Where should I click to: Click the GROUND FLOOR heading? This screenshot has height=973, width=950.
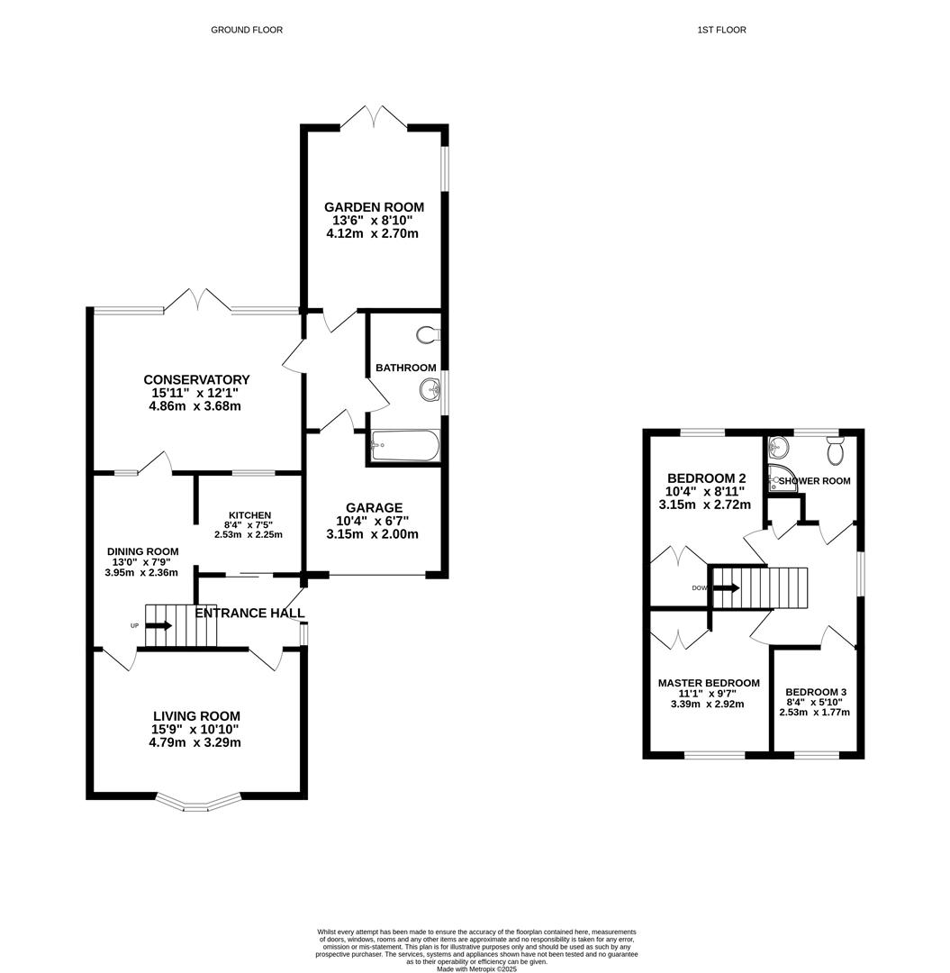[247, 30]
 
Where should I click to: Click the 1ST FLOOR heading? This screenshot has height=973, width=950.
[721, 30]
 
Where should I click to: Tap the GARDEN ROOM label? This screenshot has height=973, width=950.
[374, 207]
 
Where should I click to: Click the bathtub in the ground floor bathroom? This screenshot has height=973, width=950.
[404, 445]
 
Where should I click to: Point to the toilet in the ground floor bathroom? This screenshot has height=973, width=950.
[429, 335]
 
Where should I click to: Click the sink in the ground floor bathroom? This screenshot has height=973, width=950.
[430, 390]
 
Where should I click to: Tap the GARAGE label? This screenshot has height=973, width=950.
[372, 507]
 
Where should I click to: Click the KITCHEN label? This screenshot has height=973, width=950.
[249, 515]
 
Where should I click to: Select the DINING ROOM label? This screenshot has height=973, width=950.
[142, 551]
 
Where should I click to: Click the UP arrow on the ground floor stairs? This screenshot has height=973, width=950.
[159, 624]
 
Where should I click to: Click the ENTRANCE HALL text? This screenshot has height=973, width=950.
[250, 614]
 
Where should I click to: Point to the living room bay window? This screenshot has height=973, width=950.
[200, 802]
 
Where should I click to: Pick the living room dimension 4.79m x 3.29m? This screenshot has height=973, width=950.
[196, 743]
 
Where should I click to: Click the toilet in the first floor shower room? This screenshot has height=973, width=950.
[835, 448]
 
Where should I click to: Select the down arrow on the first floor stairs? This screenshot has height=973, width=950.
[726, 588]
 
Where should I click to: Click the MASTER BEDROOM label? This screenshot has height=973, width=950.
[708, 683]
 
